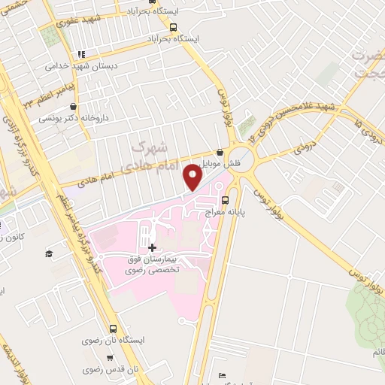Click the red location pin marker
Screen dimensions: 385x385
(194, 177)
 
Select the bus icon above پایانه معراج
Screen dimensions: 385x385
(225, 201)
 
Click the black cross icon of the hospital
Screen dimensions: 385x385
(153, 247)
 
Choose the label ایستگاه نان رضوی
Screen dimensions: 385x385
(112, 341)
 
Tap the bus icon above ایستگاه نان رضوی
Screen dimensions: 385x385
(113, 329)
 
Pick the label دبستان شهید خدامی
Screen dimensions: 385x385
(74, 66)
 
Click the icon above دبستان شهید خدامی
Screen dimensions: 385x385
(80, 54)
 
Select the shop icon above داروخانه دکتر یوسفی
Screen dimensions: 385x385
(50, 107)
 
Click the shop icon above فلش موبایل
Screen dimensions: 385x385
(220, 151)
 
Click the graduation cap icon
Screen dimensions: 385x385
(48, 254)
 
